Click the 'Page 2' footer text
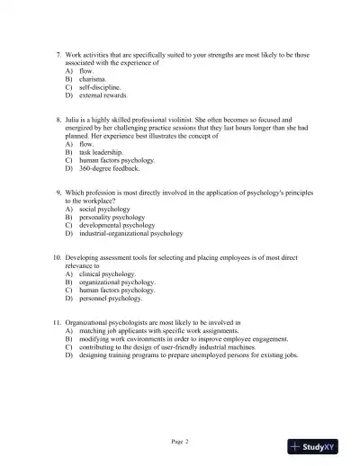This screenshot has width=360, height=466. point(180,441)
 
